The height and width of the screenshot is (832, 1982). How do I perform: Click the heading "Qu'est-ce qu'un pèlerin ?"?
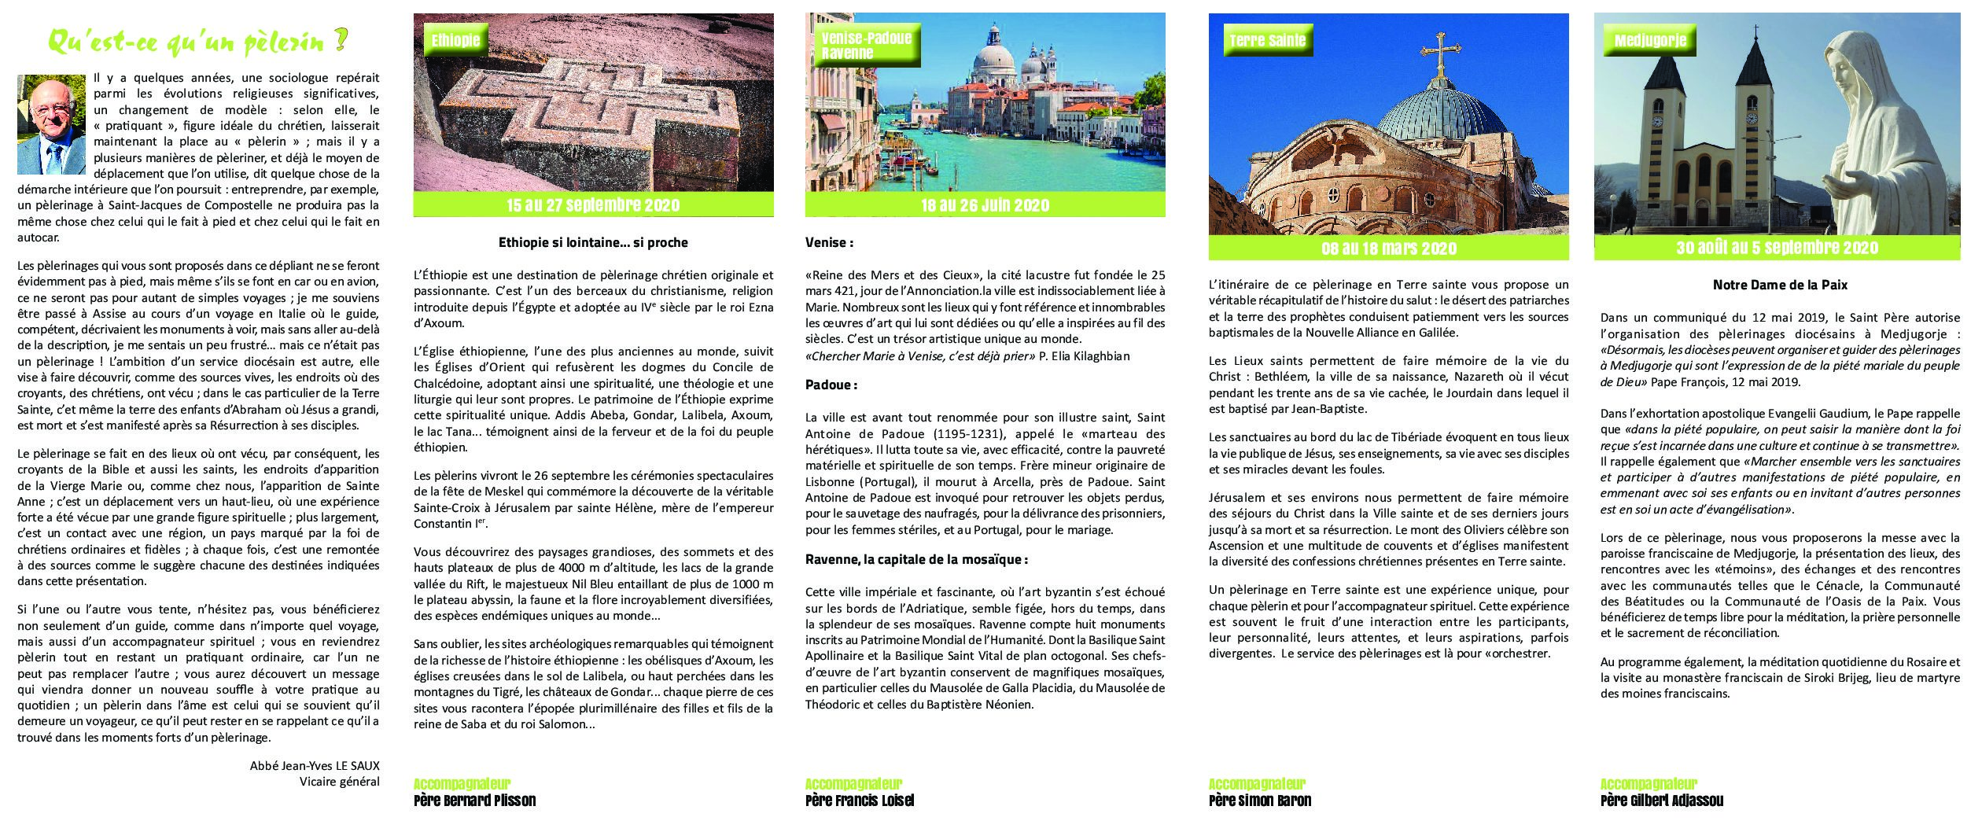(x=197, y=42)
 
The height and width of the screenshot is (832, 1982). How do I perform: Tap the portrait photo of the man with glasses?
(x=51, y=124)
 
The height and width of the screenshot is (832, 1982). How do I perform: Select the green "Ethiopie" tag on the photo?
(x=455, y=41)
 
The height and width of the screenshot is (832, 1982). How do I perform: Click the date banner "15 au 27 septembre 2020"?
(x=593, y=205)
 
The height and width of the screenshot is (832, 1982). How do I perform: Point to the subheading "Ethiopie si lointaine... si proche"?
(x=593, y=243)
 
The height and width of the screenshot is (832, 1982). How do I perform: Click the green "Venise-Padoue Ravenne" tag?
(x=865, y=46)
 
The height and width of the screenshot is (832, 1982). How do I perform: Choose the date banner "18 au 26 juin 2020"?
(x=985, y=205)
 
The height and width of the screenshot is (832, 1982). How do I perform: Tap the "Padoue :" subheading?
(x=831, y=385)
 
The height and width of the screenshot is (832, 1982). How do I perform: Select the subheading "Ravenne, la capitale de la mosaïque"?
(x=916, y=560)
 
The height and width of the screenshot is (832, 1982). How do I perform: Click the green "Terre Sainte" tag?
(x=1267, y=41)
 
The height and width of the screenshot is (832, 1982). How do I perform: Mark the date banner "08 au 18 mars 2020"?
(x=1388, y=248)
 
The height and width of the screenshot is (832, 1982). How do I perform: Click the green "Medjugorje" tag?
(x=1650, y=41)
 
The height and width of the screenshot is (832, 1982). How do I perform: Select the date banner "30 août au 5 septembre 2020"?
(x=1777, y=248)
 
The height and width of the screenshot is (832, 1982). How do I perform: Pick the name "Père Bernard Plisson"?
(x=474, y=801)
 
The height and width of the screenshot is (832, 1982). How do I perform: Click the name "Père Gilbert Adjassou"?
(x=1661, y=801)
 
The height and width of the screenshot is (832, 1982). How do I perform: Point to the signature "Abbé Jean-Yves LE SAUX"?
(x=315, y=765)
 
